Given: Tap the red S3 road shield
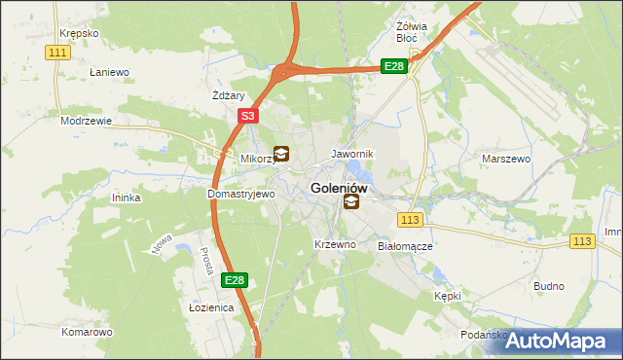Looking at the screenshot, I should (248, 116).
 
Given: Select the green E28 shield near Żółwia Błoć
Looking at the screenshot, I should (393, 66).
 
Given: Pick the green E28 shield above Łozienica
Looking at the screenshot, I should (234, 280).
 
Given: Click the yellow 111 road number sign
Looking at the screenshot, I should (58, 52).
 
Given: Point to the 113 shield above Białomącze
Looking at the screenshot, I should (410, 221).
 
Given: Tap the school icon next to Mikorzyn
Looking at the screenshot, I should (281, 153).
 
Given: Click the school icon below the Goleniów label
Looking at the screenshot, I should (350, 202).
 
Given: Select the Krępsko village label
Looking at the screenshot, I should (79, 32).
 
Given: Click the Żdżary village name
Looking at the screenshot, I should (228, 95).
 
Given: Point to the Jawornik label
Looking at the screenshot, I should (352, 154).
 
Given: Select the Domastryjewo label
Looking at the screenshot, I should (241, 194).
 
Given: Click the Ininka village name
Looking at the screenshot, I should (127, 198).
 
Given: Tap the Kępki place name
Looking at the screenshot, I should (447, 295).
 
